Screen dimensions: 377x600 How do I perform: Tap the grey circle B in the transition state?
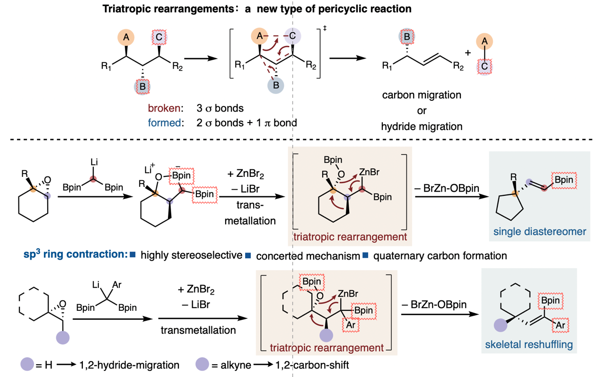click(276, 85)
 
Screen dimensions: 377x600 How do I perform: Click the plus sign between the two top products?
click(468, 53)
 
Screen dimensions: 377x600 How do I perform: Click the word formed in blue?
click(164, 123)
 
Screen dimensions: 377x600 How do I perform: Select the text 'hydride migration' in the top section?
click(422, 127)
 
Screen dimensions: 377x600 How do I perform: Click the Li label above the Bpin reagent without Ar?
click(93, 162)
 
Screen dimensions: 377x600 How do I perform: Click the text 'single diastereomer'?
click(539, 231)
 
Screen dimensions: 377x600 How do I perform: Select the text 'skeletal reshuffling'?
click(529, 345)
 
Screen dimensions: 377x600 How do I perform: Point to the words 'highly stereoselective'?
click(191, 255)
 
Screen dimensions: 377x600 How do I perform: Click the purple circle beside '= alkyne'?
click(202, 365)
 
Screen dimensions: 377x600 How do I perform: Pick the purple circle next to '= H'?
click(27, 365)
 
